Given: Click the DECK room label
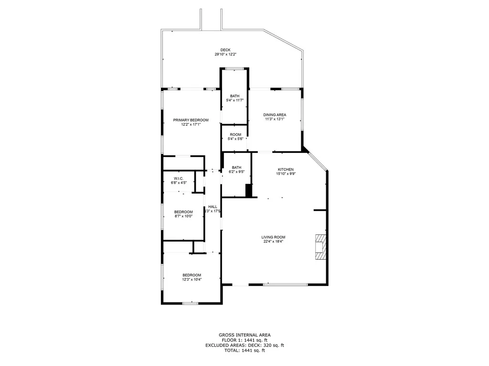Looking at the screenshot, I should tap(225, 50).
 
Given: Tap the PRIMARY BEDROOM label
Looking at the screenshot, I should tap(191, 120).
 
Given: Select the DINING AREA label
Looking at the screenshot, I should tap(275, 115).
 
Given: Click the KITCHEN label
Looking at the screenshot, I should tap(286, 170).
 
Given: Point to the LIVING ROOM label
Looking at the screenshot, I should tap(273, 237).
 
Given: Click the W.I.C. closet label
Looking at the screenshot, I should tap(179, 178).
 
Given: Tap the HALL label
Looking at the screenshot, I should tap(213, 207).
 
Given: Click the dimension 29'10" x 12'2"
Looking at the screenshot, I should tap(225, 55).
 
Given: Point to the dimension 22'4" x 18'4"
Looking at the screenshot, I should tap(273, 242).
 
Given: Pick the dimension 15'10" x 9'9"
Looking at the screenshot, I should tap(286, 174).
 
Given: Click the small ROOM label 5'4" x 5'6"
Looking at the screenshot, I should tap(235, 134).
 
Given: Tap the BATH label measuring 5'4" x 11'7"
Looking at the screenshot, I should tap(234, 96).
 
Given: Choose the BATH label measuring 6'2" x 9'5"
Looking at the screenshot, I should tap(236, 167).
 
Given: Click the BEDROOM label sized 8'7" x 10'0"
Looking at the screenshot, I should tap(183, 212).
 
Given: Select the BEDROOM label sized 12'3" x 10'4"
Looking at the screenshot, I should tap(191, 275).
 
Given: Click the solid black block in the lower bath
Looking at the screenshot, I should tap(248, 190).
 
